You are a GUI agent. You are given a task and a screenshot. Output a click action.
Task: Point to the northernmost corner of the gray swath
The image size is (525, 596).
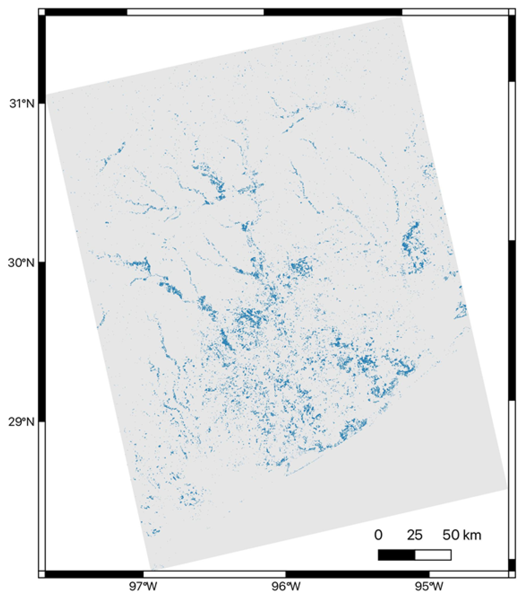pos(401,18)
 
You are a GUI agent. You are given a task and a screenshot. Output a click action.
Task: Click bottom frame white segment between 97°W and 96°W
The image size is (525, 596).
pos(214,574)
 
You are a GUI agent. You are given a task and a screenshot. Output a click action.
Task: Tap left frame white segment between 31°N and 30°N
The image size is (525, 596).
pos(42,183)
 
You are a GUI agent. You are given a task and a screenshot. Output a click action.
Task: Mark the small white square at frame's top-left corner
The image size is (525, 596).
pos(42,12)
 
